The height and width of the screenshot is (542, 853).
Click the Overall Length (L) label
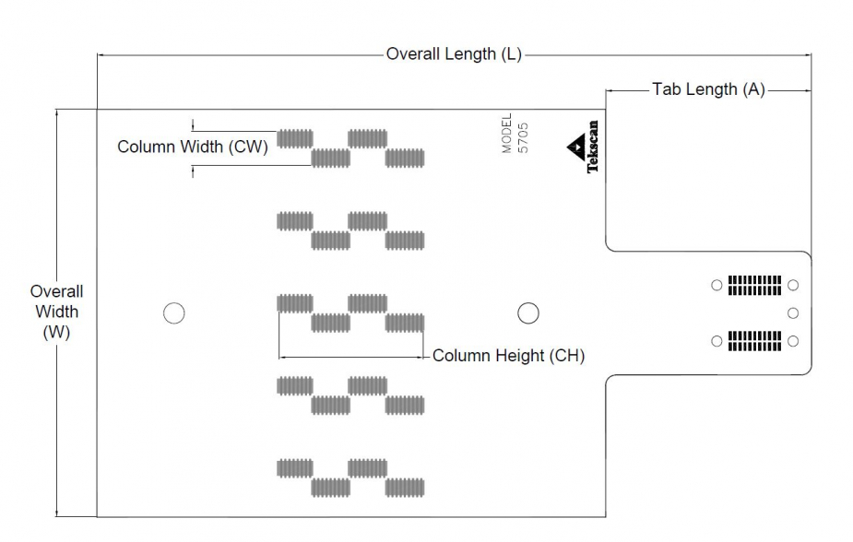454,53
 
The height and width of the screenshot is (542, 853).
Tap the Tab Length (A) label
708,89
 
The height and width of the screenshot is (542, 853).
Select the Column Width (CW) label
193,147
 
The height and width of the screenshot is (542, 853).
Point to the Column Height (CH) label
508,356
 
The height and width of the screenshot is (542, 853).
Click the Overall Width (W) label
56,312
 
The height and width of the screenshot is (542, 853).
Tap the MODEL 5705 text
515,133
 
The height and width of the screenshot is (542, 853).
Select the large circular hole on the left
173,313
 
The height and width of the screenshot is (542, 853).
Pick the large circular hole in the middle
527,313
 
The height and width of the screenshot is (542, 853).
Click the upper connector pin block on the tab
754,285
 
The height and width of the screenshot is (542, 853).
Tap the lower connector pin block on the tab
754,341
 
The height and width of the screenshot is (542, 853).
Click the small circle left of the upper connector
717,286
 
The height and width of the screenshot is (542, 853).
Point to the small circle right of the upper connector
793,286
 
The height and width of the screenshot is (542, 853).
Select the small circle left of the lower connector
717,342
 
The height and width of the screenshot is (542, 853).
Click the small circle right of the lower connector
793,342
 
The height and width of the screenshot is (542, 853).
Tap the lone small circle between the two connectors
793,313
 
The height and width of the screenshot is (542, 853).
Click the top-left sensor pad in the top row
295,138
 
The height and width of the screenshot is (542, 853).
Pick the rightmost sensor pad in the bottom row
405,488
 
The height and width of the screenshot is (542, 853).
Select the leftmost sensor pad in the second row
295,220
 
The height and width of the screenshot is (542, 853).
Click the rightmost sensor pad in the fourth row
405,405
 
